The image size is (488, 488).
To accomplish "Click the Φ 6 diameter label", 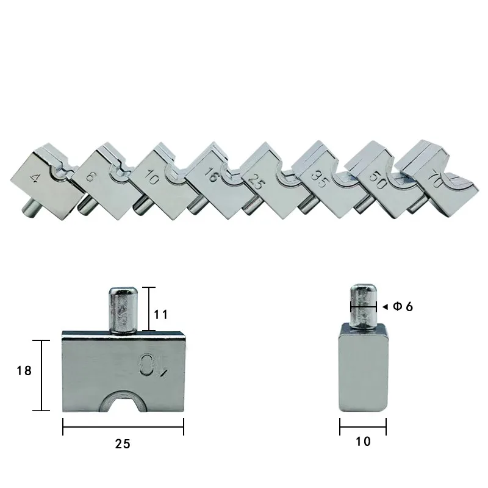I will [x=403, y=306].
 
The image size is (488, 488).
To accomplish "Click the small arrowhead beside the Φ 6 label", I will [x=384, y=306].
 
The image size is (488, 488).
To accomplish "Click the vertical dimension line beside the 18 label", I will [x=41, y=375].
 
